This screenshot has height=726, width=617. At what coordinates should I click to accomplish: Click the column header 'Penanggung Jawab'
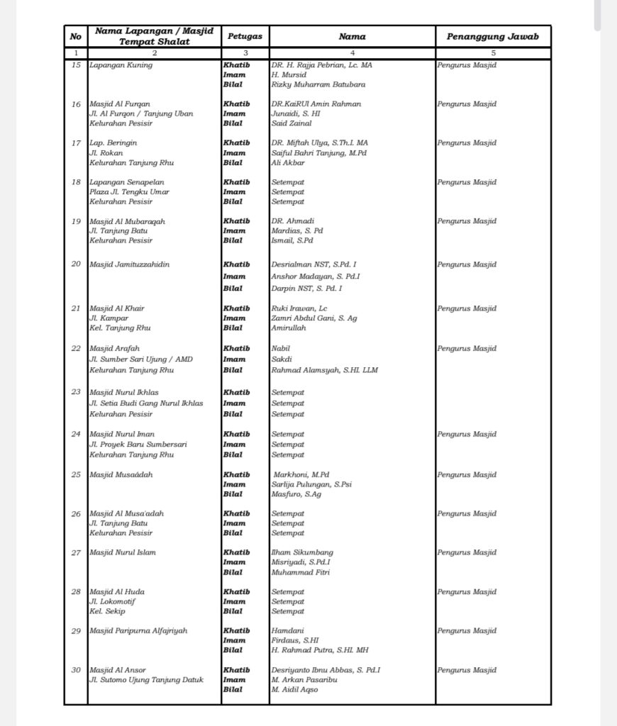pos(493,36)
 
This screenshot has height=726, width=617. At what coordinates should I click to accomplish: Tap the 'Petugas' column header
pos(245,36)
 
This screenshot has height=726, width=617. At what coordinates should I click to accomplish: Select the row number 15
pos(76,65)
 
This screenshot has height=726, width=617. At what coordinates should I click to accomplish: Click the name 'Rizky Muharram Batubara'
pos(318,85)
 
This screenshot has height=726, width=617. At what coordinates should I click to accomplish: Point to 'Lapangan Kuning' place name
pos(121,65)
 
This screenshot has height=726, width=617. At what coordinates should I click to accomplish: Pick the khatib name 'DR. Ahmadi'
pos(293,221)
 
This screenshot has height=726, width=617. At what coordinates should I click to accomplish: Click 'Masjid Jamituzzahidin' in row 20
pos(129,264)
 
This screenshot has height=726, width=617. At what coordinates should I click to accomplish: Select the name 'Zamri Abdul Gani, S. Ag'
pos(314,318)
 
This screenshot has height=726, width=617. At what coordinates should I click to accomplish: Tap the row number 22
pos(76,349)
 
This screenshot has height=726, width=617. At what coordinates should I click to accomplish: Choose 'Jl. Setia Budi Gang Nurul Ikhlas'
pos(145,403)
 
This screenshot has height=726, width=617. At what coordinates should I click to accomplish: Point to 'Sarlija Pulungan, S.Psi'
pos(311,484)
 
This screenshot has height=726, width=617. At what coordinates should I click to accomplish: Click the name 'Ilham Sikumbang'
pos(302,552)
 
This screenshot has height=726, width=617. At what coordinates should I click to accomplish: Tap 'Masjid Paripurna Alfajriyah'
pos(138,630)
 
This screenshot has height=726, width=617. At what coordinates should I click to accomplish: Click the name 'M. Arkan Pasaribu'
pos(304,679)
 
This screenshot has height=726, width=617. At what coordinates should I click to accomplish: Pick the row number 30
pos(76,670)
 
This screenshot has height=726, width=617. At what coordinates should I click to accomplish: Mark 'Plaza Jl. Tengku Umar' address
pos(129,191)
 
